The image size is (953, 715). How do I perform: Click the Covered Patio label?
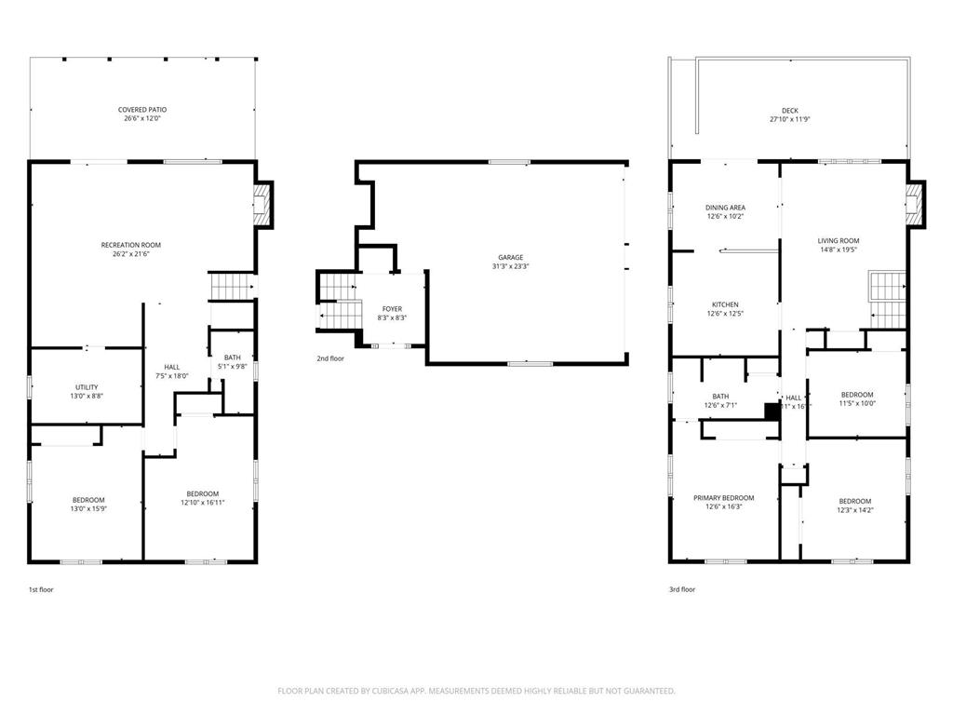click(x=142, y=110)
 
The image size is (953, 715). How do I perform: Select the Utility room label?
click(x=87, y=387)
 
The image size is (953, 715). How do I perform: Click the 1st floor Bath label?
click(x=232, y=357)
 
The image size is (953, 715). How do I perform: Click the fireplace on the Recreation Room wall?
click(x=265, y=204)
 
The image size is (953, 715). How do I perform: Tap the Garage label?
click(x=510, y=257)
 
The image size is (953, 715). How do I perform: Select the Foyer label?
click(x=393, y=309)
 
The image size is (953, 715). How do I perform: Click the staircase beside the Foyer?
click(x=339, y=303)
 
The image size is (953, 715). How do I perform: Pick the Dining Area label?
click(x=725, y=208)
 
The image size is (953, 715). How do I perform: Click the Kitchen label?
click(x=725, y=305)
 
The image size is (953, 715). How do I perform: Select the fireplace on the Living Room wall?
click(x=917, y=204)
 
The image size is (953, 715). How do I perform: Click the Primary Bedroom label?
click(x=724, y=498)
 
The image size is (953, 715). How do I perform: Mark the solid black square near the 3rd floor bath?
click(x=771, y=411)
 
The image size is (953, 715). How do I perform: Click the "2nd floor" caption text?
click(x=330, y=357)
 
